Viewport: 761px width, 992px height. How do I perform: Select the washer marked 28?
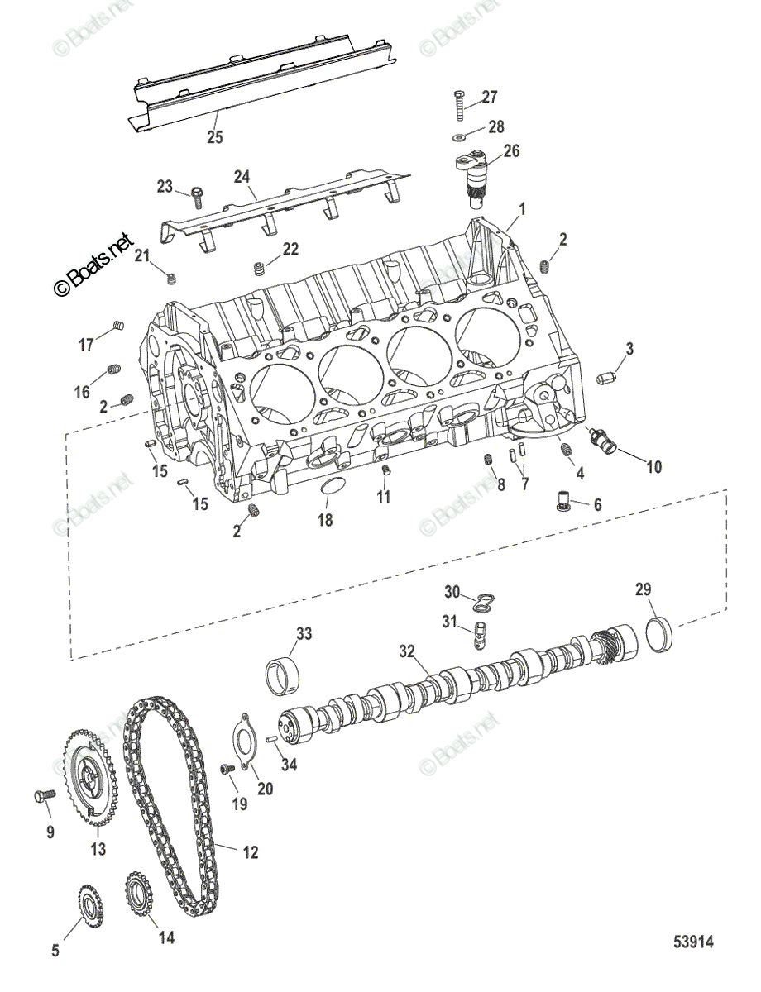460,135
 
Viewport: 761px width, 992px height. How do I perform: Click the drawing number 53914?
692,942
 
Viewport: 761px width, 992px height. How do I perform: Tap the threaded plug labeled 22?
260,269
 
